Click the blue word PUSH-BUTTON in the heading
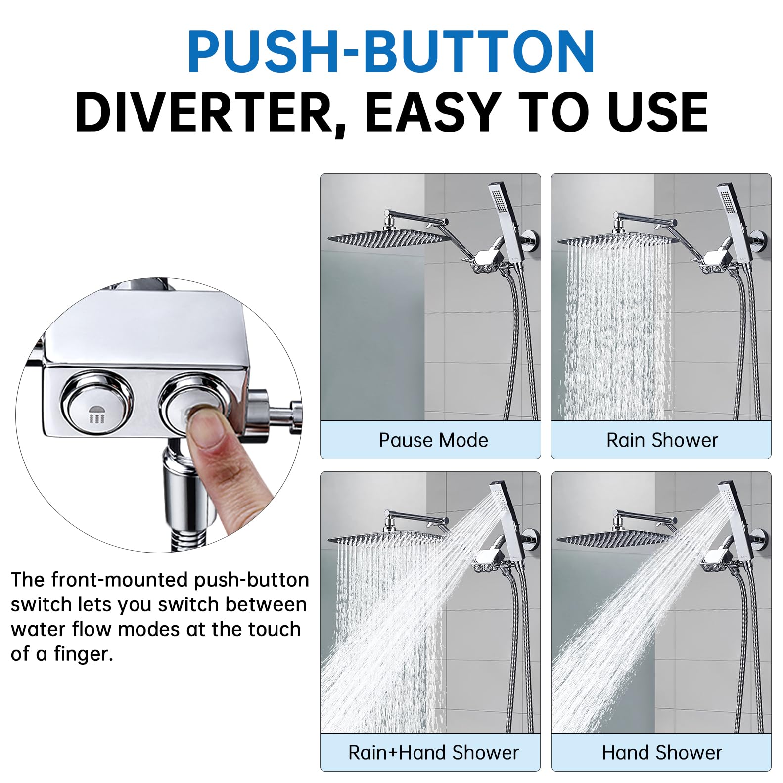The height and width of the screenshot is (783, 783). (x=391, y=52)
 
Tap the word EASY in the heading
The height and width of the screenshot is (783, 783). (x=432, y=112)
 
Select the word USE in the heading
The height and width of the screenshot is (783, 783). (x=657, y=112)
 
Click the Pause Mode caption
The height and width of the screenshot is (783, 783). (x=433, y=440)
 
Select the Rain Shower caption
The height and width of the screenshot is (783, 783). (x=662, y=440)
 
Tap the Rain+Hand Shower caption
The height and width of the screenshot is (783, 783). (x=433, y=752)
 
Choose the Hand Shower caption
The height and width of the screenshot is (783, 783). (x=662, y=752)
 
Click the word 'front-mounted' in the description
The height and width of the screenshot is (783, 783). (x=121, y=579)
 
